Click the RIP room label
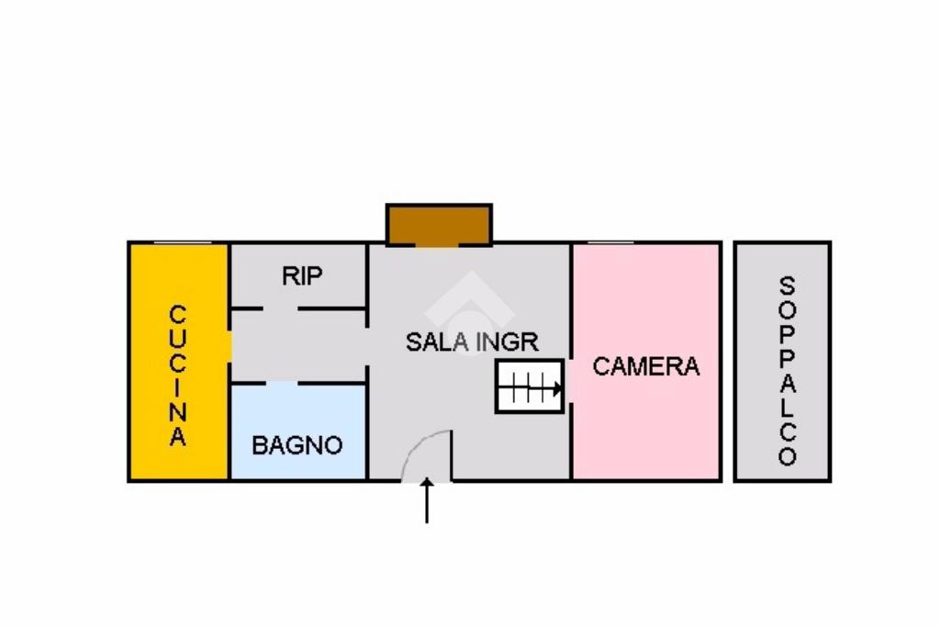click(302, 275)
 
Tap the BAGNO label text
click(297, 446)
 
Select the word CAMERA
click(645, 366)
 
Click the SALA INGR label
click(472, 342)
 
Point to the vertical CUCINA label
click(178, 375)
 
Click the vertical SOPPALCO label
click(787, 370)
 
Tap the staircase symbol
click(530, 386)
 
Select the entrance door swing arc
click(427, 454)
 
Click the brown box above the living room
click(439, 224)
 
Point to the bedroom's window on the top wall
click(610, 243)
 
